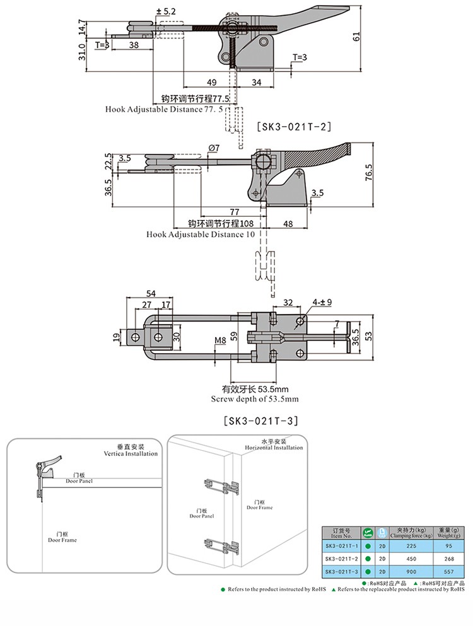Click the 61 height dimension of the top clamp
point(357,38)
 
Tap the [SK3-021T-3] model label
point(260,420)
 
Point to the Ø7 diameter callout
point(213,148)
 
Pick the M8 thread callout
point(220,341)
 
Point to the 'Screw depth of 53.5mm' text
point(254,399)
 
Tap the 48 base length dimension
point(287,224)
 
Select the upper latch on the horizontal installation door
point(221,489)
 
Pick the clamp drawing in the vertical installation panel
point(47,472)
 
